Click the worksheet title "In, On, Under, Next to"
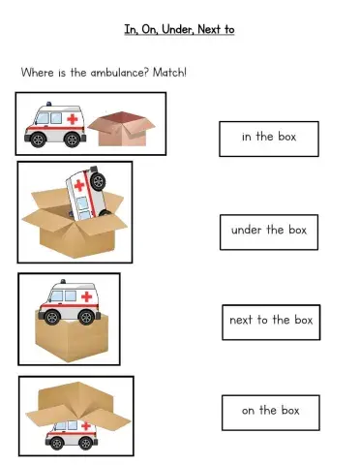pyautogui.click(x=179, y=30)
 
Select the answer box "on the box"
pyautogui.click(x=270, y=411)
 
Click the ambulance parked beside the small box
pyautogui.click(x=55, y=126)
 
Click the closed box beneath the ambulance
pyautogui.click(x=70, y=337)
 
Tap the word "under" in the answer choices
pyautogui.click(x=246, y=231)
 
